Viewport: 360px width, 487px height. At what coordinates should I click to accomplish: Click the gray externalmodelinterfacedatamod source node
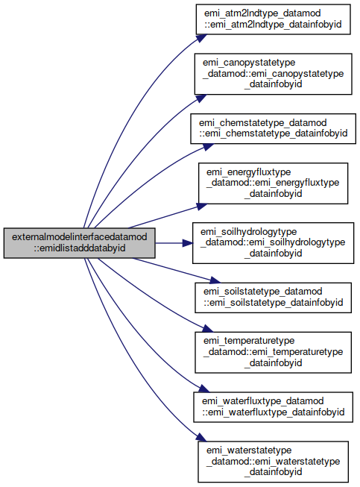coord(80,243)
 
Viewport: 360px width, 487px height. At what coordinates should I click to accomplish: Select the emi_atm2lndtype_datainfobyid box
coord(273,19)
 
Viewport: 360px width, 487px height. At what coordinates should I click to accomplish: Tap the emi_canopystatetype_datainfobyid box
coord(273,74)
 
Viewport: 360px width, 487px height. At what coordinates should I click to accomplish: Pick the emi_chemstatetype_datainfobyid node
coord(273,128)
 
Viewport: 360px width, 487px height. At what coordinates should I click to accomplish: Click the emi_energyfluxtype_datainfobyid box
coord(273,183)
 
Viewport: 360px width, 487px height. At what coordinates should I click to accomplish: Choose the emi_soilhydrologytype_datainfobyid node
coord(273,243)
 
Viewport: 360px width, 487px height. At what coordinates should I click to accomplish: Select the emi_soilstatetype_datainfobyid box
coord(273,298)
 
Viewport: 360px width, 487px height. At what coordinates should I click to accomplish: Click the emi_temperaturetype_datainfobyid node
coord(273,352)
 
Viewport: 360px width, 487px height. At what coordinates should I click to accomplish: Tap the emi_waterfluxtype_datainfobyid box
coord(273,407)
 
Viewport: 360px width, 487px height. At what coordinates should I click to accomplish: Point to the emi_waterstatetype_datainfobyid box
coord(273,462)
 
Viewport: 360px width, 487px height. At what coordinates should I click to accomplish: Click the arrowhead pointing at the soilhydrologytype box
coord(187,243)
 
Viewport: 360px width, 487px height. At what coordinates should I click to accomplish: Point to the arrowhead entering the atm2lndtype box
coord(201,38)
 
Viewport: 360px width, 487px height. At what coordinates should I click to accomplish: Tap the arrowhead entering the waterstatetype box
coord(201,437)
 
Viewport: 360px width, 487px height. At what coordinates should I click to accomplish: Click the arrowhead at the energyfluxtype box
coord(202,207)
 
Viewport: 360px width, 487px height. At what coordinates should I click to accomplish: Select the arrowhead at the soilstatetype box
coord(215,280)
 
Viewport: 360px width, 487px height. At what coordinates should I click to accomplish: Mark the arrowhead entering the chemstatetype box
coord(208,146)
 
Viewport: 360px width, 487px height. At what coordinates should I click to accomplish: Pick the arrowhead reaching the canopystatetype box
coord(201,98)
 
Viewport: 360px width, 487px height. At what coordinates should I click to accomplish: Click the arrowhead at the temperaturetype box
coord(208,328)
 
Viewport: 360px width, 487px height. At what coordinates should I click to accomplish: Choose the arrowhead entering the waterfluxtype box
coord(204,389)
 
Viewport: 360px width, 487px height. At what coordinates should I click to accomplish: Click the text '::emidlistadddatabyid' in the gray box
coord(80,248)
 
